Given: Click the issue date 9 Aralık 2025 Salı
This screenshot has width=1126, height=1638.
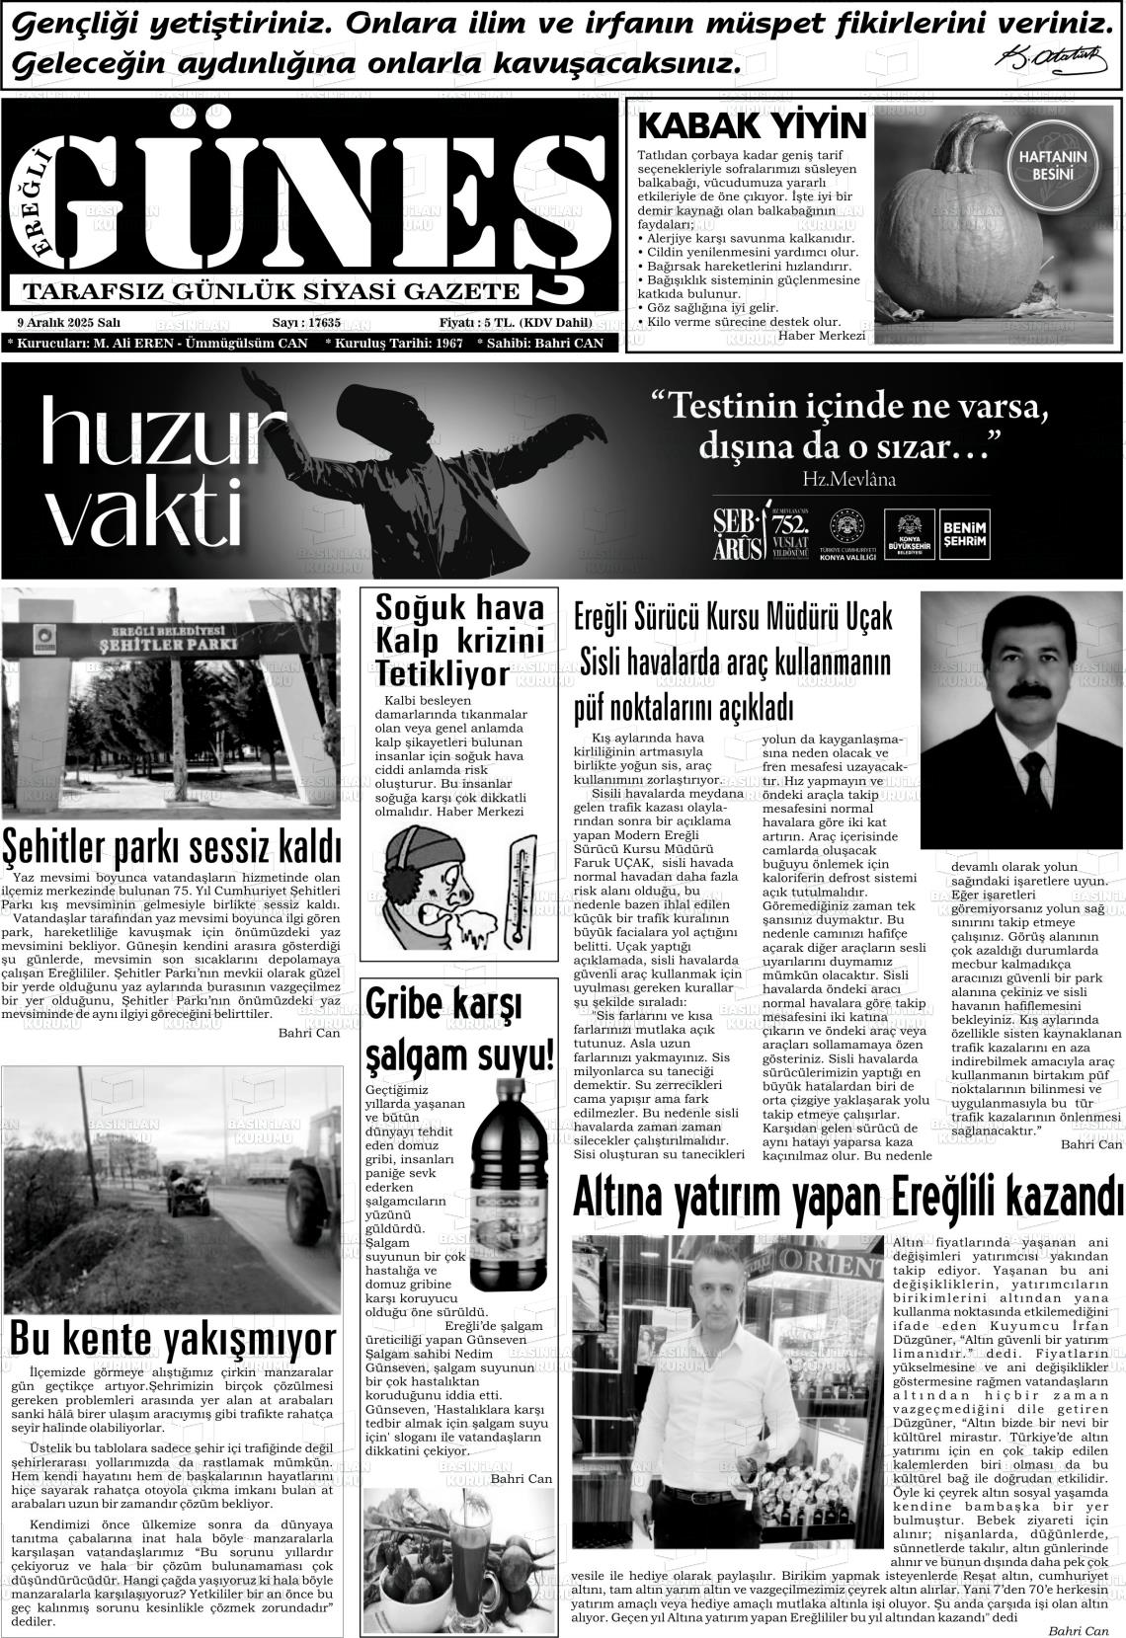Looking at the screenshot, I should tap(69, 322).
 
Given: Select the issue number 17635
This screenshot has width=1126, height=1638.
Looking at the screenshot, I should tap(324, 322).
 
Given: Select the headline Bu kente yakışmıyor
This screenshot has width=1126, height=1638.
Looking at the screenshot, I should tap(172, 1339).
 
